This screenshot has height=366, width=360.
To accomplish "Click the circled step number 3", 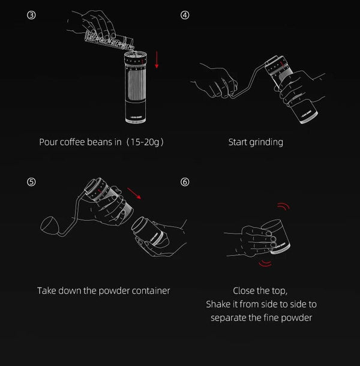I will (x=31, y=15).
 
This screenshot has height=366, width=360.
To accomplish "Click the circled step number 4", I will (x=185, y=15).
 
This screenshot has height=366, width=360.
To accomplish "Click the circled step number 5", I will (x=31, y=181).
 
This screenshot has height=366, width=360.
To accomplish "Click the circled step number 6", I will (x=185, y=181).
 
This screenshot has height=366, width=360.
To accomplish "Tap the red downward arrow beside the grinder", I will (x=157, y=58).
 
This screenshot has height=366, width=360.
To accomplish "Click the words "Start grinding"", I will (x=256, y=142).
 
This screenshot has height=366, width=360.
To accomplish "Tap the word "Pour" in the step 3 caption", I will (x=49, y=142).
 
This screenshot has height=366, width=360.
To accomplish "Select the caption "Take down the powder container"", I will (x=103, y=290).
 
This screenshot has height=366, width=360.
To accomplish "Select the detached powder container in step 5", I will (x=151, y=234).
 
